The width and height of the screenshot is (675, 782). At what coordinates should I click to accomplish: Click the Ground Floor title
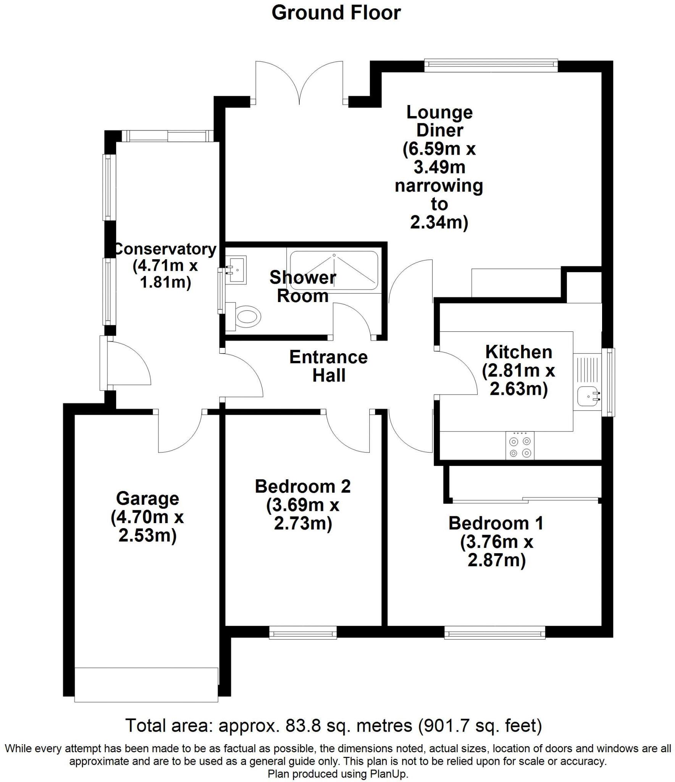[336, 13]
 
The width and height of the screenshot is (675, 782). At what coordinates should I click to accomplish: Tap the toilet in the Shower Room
[246, 316]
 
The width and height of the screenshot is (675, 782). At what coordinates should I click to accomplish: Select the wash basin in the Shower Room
[237, 270]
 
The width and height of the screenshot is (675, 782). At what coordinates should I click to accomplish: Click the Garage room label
[147, 499]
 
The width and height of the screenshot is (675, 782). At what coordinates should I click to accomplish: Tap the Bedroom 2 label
[302, 486]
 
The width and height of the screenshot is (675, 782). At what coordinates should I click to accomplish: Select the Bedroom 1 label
[496, 523]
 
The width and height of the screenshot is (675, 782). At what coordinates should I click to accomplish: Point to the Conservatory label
[165, 249]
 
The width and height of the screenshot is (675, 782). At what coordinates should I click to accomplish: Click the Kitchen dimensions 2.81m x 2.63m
[518, 380]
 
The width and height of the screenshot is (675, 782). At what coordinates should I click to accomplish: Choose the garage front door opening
[146, 684]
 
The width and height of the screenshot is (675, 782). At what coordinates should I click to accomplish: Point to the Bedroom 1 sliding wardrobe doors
[525, 499]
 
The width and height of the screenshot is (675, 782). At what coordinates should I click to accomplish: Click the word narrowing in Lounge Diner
[439, 186]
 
